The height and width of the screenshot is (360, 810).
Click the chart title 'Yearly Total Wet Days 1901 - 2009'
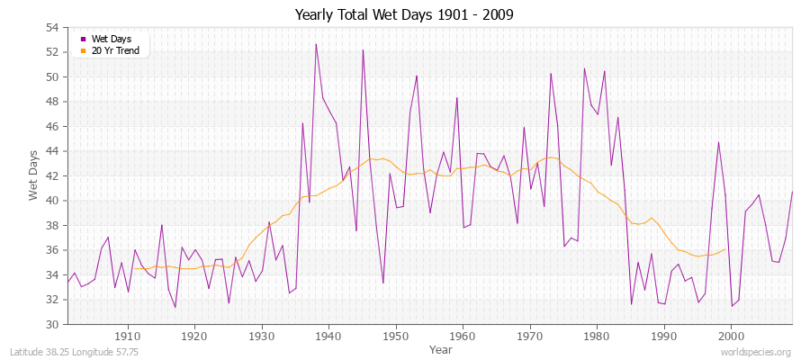click(x=404, y=15)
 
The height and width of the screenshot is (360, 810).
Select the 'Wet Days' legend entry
click(x=111, y=39)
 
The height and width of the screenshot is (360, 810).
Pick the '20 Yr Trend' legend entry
click(x=116, y=49)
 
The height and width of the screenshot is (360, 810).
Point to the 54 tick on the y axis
click(x=52, y=28)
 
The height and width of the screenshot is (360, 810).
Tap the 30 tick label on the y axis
click(x=52, y=324)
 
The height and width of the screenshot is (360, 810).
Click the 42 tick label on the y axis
click(x=52, y=176)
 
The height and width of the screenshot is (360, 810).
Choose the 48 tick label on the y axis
click(x=52, y=102)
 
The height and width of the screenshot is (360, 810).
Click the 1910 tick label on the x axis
click(x=128, y=336)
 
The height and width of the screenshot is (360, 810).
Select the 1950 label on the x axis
click(x=395, y=336)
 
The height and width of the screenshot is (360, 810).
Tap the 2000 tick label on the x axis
click(x=730, y=336)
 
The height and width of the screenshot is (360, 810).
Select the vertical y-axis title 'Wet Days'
click(x=33, y=176)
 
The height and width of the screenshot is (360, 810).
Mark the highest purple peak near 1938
click(x=316, y=44)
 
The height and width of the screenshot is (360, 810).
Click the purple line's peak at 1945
click(x=363, y=49)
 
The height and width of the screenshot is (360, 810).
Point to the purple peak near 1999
click(x=718, y=142)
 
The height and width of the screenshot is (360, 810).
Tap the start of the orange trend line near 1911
click(x=135, y=268)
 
